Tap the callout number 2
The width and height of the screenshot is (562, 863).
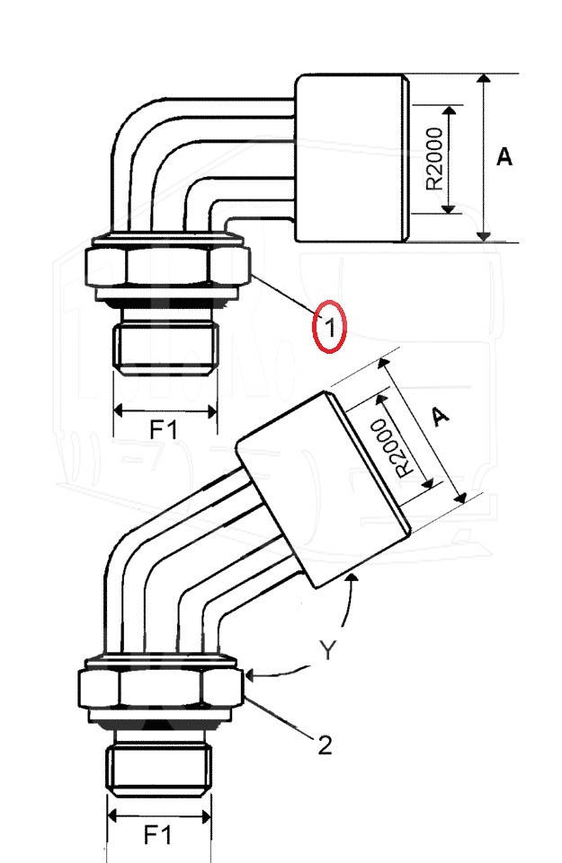(x=326, y=745)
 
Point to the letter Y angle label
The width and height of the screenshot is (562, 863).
(x=327, y=650)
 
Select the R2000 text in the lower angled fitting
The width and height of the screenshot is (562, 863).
(x=392, y=448)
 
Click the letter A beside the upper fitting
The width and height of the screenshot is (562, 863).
(x=504, y=157)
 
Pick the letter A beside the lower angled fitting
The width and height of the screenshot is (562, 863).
(x=439, y=417)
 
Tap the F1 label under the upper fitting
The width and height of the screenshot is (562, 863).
(x=164, y=429)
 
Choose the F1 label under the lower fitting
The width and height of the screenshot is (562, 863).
(x=157, y=835)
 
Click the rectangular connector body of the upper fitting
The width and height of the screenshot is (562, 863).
(x=352, y=159)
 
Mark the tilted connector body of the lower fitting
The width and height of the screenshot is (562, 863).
(x=324, y=489)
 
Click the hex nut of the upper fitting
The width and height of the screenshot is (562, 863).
(x=167, y=267)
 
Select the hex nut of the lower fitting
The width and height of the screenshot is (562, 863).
(x=161, y=687)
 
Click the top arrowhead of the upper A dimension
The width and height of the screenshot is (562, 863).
(x=483, y=79)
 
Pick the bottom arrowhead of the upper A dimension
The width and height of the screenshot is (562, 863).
(x=483, y=236)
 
